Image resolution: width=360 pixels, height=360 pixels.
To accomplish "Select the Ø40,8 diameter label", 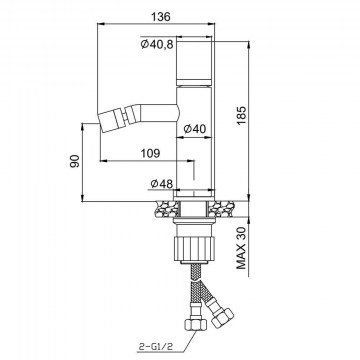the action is click(x=157, y=44).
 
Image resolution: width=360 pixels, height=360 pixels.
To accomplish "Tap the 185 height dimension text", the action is click(x=241, y=115).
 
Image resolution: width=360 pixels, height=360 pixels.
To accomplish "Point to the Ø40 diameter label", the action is click(x=195, y=128).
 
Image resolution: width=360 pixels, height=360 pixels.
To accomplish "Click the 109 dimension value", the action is click(x=150, y=153).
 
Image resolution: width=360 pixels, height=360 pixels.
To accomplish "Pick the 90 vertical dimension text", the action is click(x=75, y=161).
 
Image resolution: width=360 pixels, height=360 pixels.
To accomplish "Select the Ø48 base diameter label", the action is click(x=162, y=183).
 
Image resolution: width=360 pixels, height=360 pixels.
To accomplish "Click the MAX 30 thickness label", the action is click(x=241, y=248).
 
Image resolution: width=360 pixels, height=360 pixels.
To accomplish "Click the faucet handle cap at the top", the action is click(x=194, y=59).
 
